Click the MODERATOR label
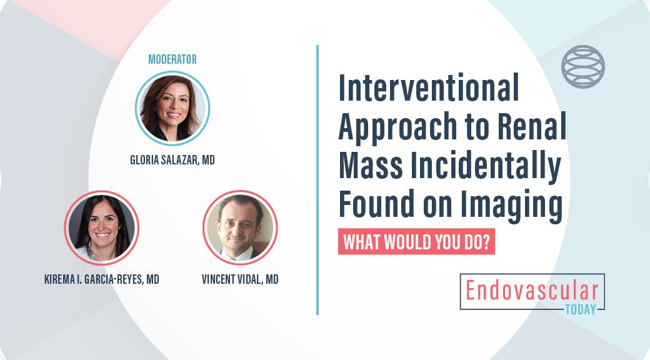(x=172, y=59)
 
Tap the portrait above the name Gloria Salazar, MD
(x=172, y=108)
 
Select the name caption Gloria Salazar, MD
(x=172, y=160)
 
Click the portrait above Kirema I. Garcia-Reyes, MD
(x=101, y=227)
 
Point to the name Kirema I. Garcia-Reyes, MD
(x=101, y=279)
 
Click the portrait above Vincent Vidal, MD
(x=240, y=227)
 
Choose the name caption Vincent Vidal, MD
(x=240, y=279)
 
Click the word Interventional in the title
(x=429, y=88)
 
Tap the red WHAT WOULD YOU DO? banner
(x=417, y=242)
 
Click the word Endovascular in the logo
(x=531, y=291)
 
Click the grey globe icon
(x=583, y=66)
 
